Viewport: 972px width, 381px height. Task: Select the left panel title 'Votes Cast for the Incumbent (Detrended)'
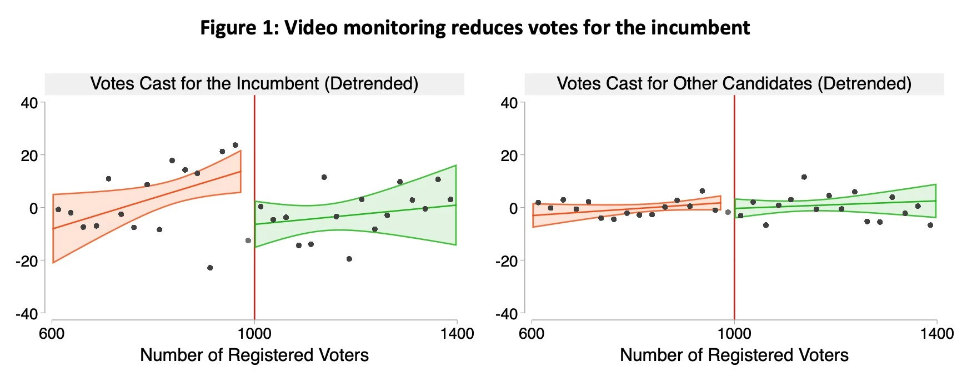pos(254,84)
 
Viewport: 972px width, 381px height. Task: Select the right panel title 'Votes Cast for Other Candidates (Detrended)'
pos(734,84)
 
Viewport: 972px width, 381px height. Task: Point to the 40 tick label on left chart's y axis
pos(29,103)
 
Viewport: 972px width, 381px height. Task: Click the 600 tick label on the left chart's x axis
pos(52,334)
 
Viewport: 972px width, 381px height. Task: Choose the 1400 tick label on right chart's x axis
pos(936,334)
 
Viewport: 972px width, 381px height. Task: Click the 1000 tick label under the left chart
pos(254,334)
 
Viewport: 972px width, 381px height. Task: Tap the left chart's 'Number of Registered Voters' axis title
pos(254,355)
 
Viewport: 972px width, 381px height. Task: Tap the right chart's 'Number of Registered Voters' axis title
pos(734,355)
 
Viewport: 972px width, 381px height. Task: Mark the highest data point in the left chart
pos(235,146)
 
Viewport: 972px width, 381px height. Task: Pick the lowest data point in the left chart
pos(210,268)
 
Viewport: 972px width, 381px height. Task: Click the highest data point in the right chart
pos(804,177)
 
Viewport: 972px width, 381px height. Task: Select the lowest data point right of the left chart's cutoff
pos(349,259)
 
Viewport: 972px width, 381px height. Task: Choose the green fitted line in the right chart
pos(833,204)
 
